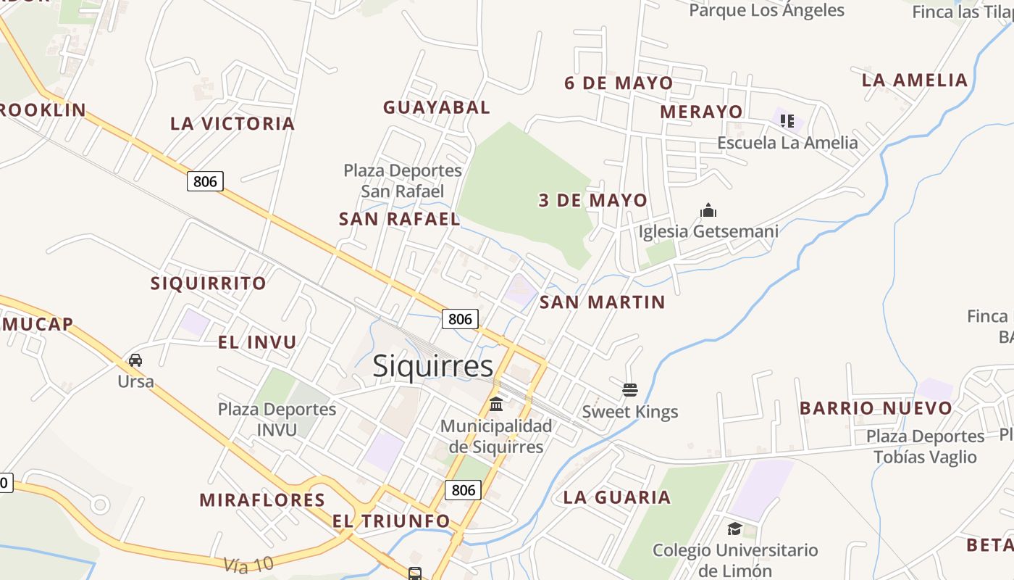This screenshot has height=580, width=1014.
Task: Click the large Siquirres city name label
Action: (433, 366)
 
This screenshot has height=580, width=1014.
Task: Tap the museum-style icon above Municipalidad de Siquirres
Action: (496, 404)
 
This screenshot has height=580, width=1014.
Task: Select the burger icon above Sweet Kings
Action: (630, 391)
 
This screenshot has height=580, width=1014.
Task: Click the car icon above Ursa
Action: (135, 360)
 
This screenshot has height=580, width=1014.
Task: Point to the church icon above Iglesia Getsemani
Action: (708, 211)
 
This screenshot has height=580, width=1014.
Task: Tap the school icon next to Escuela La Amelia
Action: (787, 121)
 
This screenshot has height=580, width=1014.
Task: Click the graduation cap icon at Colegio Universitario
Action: (735, 529)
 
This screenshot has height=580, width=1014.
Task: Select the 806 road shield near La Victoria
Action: (205, 181)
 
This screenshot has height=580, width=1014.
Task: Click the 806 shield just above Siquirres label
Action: (460, 319)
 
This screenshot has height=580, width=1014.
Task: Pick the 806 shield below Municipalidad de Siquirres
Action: (463, 490)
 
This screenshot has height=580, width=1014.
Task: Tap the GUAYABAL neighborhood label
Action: (437, 107)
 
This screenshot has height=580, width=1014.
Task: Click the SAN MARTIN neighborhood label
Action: (603, 302)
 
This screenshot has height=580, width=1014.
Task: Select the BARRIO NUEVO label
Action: (876, 408)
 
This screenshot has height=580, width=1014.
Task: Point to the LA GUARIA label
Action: (617, 497)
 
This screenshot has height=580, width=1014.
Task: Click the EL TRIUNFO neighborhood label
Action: (391, 521)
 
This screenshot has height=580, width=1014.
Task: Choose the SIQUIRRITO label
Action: (209, 283)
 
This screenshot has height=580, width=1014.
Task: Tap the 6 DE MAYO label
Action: (619, 83)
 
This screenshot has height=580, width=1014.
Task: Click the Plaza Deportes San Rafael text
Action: (403, 181)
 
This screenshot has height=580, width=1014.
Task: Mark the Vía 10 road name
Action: (248, 564)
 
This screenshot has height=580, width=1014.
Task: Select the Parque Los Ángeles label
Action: (766, 10)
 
